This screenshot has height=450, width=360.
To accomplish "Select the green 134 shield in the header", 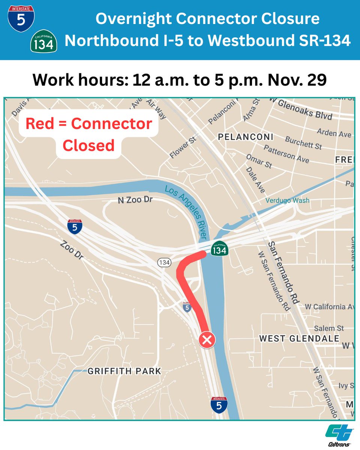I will tap(44, 42).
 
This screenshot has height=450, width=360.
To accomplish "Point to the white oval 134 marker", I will tap(164, 262).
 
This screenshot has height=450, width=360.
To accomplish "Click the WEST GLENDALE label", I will tap(299, 339).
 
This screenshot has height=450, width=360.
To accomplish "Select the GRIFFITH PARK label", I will tap(124, 371).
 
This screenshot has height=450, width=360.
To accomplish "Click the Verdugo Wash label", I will tap(288, 200).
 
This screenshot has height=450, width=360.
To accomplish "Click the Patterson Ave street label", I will tap(286, 154).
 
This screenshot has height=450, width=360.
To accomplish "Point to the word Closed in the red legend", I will tap(88, 145).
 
